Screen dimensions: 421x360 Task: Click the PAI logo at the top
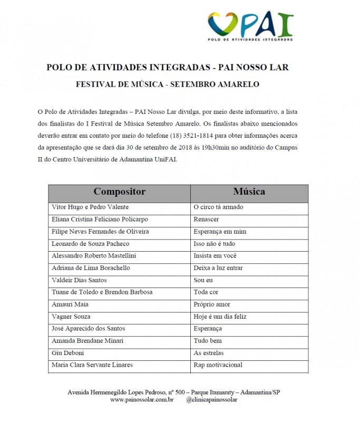[x=250, y=26]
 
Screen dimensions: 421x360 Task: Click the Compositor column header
[x=119, y=192]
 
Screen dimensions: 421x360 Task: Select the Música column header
[x=249, y=192]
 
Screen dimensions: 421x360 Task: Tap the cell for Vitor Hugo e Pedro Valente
[x=90, y=207]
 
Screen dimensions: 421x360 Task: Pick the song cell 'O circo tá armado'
[x=218, y=207]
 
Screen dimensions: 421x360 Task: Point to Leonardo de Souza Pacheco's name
[x=90, y=244]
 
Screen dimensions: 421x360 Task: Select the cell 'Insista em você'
[x=216, y=256]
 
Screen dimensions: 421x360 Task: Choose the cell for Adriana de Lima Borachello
[x=91, y=268]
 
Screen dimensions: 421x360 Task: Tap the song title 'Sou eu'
[x=203, y=280]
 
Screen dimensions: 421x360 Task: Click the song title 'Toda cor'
[x=206, y=292]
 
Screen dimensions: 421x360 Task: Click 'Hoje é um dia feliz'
[x=220, y=317]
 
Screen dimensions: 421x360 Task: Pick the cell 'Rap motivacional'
[x=218, y=365]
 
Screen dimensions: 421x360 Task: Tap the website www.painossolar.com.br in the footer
[x=142, y=400]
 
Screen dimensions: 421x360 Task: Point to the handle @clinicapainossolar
[x=212, y=400]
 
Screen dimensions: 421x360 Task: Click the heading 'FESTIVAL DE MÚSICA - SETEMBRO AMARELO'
[x=168, y=84]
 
